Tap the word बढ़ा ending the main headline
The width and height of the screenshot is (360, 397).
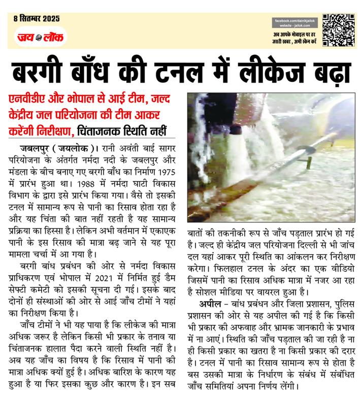325,73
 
